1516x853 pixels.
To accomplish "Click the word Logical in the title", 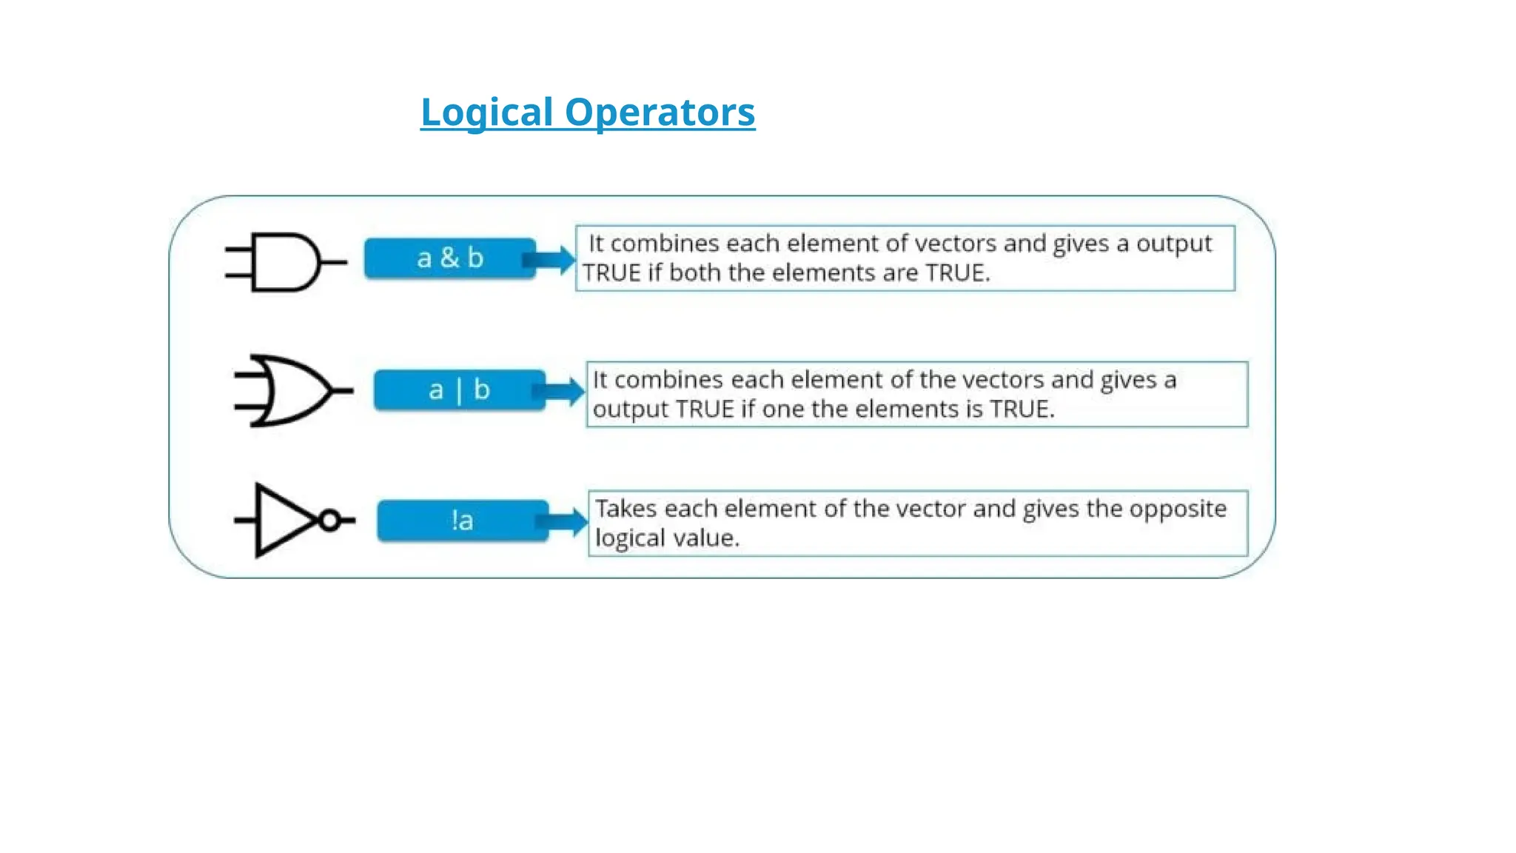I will (486, 113).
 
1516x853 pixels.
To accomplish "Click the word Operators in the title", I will (660, 113).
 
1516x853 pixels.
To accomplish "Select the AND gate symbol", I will (284, 262).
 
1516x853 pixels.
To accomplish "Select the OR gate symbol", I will (292, 391).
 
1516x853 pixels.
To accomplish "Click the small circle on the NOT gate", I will (329, 521).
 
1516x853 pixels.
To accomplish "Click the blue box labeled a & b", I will (449, 258).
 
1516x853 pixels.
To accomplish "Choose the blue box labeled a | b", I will (459, 390).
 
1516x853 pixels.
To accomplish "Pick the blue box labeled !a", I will (463, 521).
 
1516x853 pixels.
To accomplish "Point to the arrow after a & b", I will (552, 260).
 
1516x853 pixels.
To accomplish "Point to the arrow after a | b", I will (564, 391).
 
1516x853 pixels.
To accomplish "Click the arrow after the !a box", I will (566, 521).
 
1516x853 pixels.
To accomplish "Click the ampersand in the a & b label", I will (449, 258).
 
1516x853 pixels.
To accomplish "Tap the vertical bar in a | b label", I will (459, 391).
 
